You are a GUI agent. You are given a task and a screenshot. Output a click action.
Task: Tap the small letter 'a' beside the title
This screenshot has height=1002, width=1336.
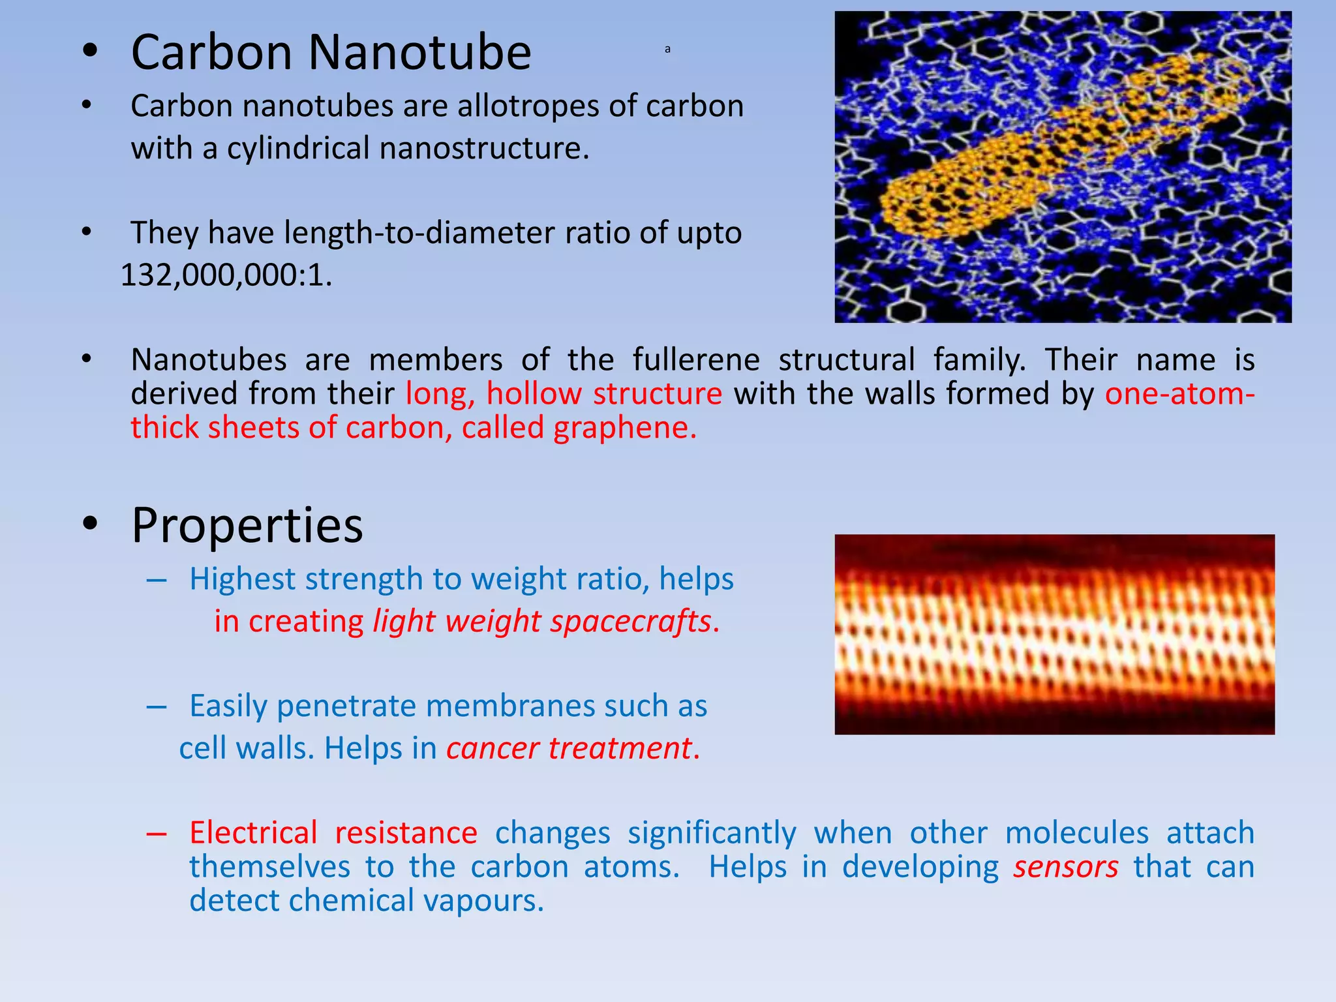(667, 50)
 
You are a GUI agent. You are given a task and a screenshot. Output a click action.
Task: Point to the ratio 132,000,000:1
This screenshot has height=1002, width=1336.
(226, 275)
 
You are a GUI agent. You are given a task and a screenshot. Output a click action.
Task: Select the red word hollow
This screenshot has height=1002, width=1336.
(534, 394)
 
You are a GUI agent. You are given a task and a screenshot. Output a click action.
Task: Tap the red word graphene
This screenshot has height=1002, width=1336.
(624, 428)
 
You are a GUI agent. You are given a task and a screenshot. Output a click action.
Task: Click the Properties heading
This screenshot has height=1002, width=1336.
(247, 525)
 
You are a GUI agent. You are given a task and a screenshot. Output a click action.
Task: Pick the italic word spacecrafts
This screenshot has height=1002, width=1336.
(630, 621)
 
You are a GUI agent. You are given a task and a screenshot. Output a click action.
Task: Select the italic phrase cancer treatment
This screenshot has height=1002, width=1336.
(568, 748)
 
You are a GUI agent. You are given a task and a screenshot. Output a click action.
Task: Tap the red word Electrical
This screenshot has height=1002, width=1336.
(253, 833)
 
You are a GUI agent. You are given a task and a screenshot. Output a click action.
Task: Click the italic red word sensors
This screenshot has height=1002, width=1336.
(1065, 867)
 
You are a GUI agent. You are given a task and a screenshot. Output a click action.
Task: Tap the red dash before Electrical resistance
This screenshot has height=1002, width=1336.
(157, 834)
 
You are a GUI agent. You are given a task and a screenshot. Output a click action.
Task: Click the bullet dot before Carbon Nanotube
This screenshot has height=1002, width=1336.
(90, 52)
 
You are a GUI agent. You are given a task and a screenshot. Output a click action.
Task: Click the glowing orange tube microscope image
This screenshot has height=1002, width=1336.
(1054, 634)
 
